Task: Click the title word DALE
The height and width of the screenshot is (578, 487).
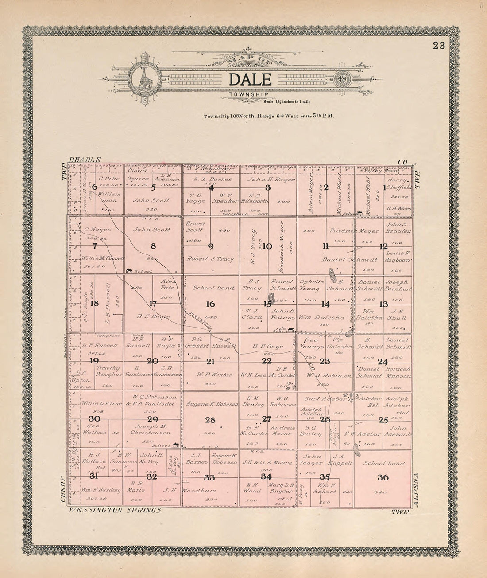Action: click(x=250, y=79)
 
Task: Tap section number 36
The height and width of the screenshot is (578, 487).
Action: click(x=383, y=477)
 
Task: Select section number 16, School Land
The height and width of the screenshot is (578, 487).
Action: click(x=210, y=304)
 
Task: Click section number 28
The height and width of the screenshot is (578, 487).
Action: click(x=210, y=419)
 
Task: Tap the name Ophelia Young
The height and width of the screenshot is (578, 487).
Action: click(x=309, y=285)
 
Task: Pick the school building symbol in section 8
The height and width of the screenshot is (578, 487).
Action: click(x=130, y=271)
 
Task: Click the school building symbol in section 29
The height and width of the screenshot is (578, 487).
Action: click(x=176, y=445)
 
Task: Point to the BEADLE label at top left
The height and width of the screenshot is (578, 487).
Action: click(x=85, y=160)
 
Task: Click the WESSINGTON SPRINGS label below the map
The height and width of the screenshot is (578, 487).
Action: click(x=114, y=510)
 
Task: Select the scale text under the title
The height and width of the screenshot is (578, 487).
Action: click(x=286, y=102)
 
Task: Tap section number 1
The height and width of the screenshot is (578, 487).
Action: click(x=384, y=187)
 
